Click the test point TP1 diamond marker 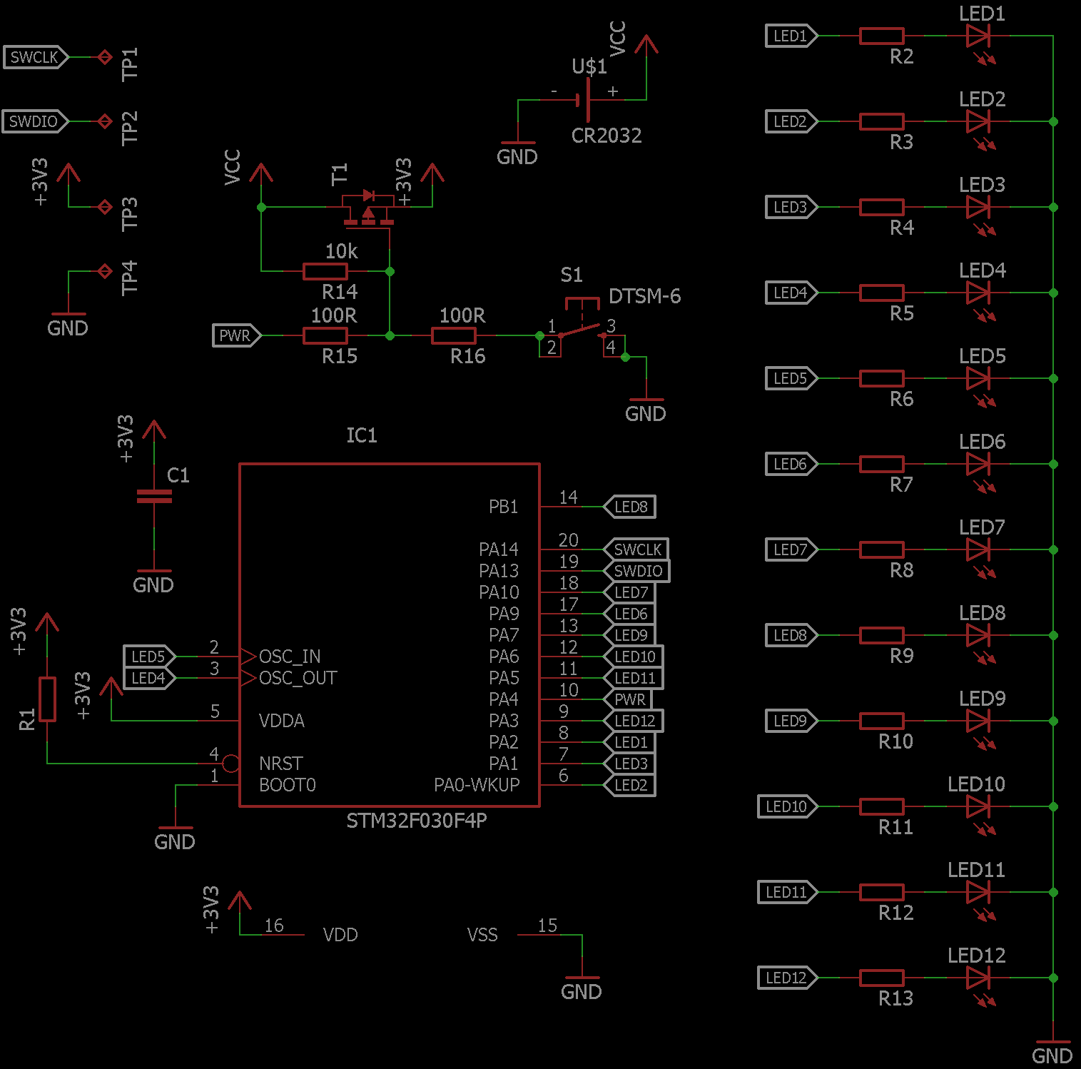coord(105,57)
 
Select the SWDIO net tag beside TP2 coord(34,121)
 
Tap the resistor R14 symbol coord(325,271)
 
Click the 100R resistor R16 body coord(454,335)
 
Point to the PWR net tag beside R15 coord(236,335)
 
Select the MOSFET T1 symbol coord(368,209)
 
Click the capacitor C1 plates coord(154,497)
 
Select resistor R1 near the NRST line coord(47,699)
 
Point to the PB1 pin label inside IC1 coord(503,507)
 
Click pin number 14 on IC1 coord(568,497)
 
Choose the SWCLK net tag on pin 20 coord(636,549)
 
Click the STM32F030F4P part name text coord(417,821)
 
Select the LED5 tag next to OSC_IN coord(148,657)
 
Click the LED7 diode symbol coord(978,549)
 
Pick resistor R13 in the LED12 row coord(882,978)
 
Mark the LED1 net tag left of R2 coord(791,36)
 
